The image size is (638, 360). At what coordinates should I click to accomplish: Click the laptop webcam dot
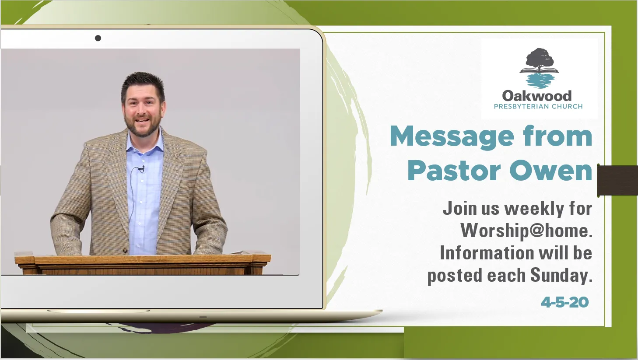pyautogui.click(x=98, y=38)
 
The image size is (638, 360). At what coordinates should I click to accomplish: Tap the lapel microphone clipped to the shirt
pyautogui.click(x=141, y=169)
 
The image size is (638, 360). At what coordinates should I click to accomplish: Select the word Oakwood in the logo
pyautogui.click(x=537, y=96)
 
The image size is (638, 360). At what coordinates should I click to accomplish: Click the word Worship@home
pyautogui.click(x=526, y=231)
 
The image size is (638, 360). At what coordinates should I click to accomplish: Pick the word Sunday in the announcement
pyautogui.click(x=561, y=276)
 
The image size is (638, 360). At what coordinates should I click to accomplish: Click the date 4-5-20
pyautogui.click(x=565, y=302)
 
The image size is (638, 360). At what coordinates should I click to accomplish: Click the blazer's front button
pyautogui.click(x=125, y=250)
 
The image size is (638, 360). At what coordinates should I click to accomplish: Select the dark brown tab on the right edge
pyautogui.click(x=617, y=181)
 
